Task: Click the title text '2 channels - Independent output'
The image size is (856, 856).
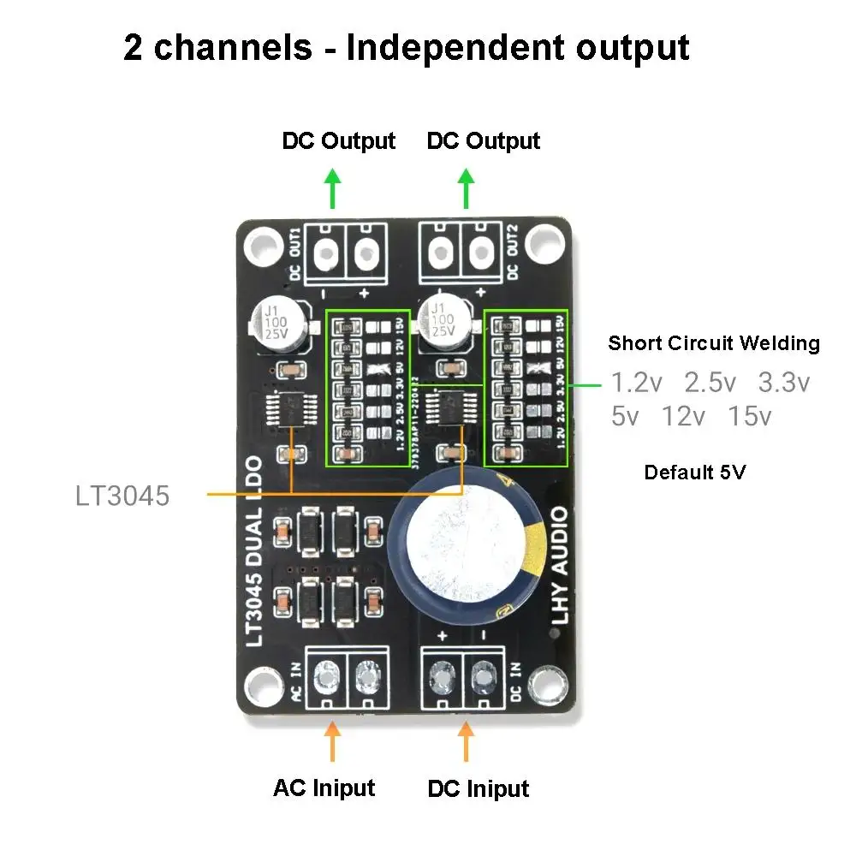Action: [x=406, y=47]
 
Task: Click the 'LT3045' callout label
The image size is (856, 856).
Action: [x=122, y=495]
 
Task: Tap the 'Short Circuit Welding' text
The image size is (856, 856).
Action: [x=713, y=344]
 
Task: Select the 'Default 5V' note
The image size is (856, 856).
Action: [x=694, y=472]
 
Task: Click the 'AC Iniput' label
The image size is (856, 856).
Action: [x=324, y=788]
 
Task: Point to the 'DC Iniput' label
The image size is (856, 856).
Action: [x=478, y=788]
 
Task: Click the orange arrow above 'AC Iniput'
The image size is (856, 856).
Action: [x=332, y=741]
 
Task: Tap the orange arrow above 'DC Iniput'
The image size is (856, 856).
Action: [x=466, y=741]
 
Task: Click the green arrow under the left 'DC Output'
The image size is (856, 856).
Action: [x=332, y=188]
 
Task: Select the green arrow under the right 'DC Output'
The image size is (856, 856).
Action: [x=466, y=188]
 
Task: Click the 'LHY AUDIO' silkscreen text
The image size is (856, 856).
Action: [x=559, y=565]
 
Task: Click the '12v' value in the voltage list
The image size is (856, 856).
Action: [x=683, y=417]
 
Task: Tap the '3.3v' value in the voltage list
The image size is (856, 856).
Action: [x=783, y=383]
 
